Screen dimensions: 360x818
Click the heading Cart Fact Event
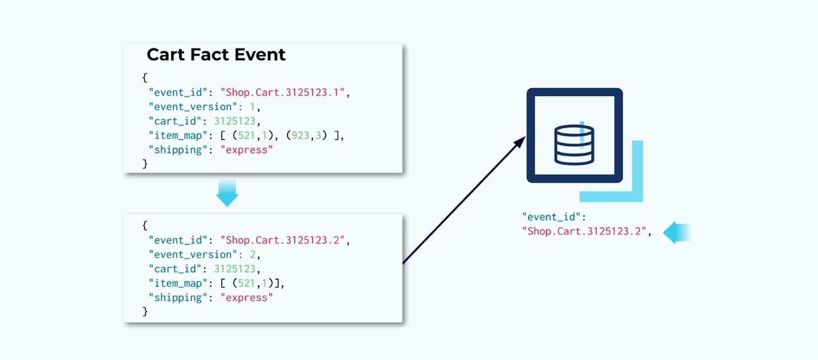216,55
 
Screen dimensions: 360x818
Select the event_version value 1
252,107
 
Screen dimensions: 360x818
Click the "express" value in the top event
246,150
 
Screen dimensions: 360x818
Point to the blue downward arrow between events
227,192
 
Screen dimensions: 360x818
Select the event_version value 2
253,255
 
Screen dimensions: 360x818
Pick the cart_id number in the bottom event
235,269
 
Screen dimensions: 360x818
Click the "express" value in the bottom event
246,298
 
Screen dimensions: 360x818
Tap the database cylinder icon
574,145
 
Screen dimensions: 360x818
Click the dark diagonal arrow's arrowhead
520,142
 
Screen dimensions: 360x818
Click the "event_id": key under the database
554,217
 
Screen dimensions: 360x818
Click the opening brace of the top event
145,78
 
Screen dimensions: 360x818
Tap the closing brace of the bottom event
145,311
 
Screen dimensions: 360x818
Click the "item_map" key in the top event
178,136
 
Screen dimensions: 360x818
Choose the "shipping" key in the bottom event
178,298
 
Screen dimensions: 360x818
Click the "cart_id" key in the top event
175,121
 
